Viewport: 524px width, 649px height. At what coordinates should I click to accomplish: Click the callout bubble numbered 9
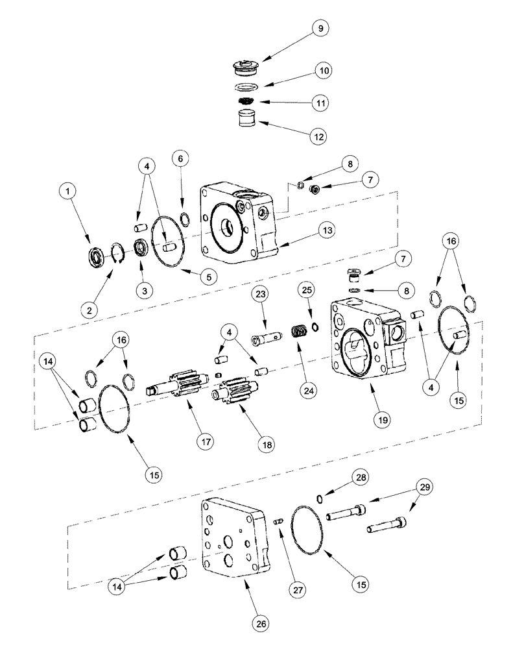[x=319, y=29]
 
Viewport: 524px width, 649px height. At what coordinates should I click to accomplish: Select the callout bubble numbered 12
[x=318, y=136]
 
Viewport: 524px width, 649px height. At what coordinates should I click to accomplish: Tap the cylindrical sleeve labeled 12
[x=245, y=121]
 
